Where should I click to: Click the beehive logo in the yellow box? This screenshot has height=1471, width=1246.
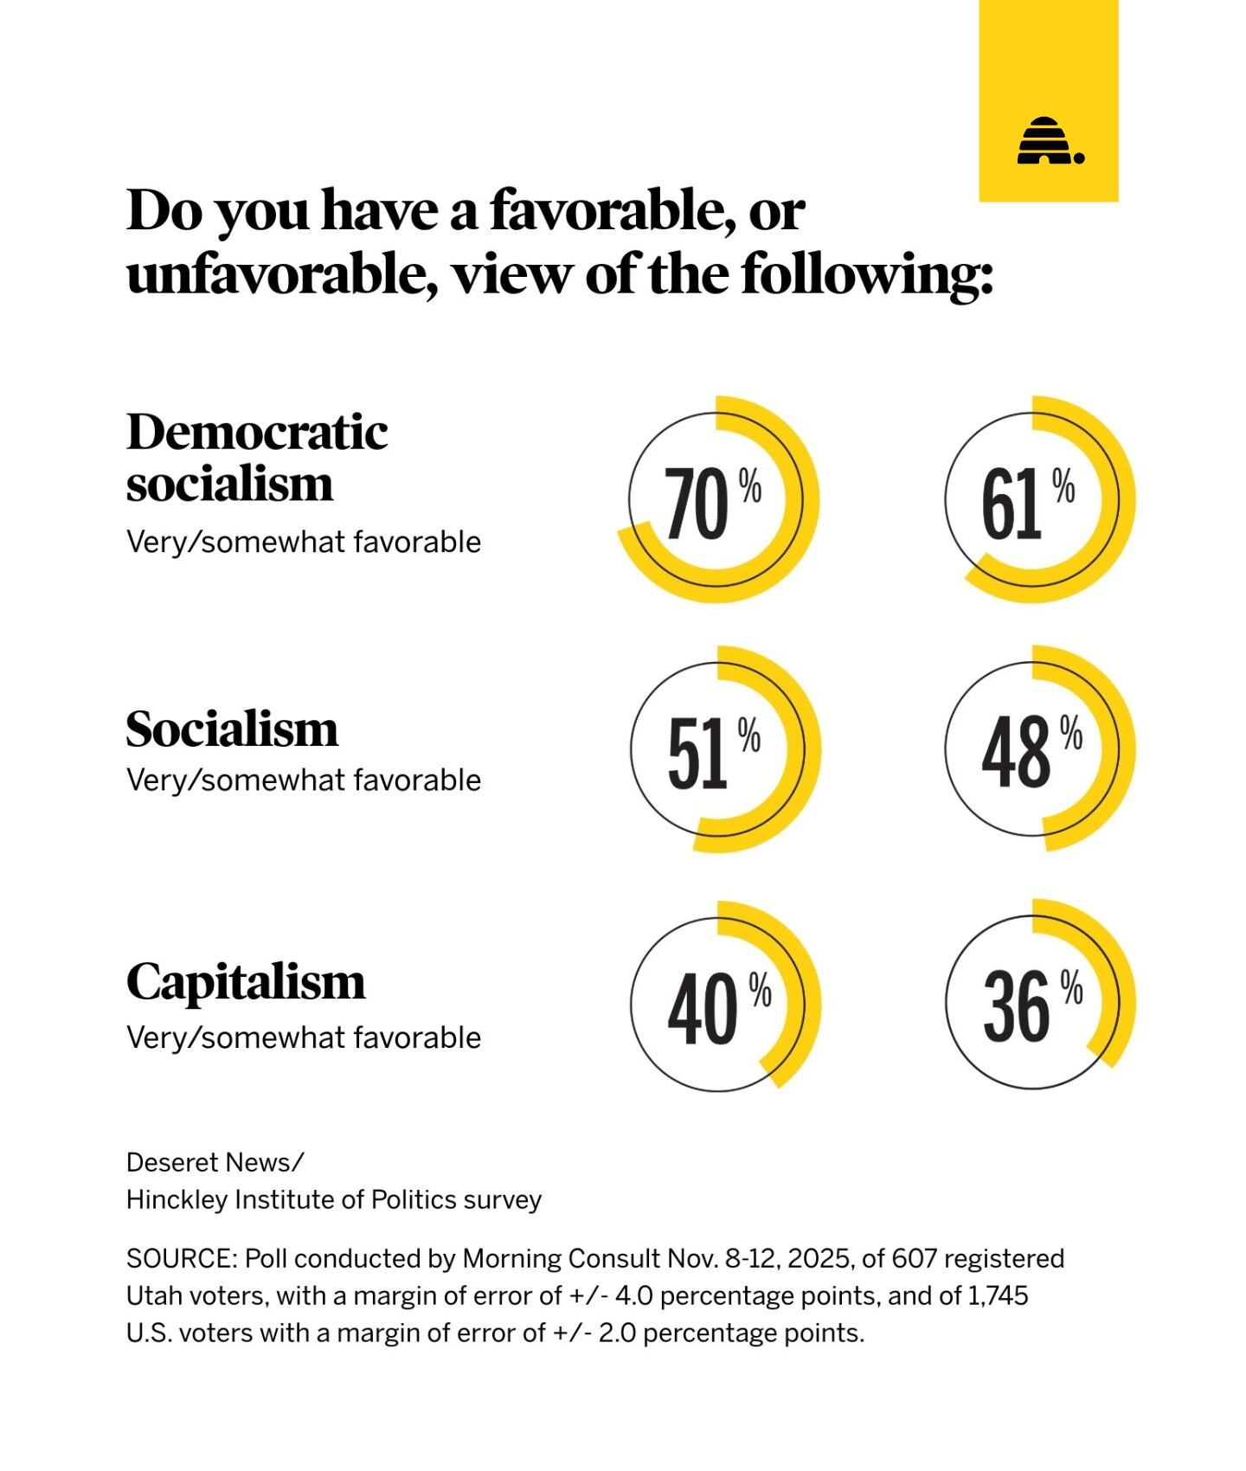click(1050, 141)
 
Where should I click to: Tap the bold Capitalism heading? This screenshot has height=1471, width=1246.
click(246, 981)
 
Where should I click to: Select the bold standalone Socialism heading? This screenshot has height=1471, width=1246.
click(232, 729)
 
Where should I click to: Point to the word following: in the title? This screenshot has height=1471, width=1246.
click(866, 275)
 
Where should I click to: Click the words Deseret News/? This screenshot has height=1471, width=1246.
click(215, 1162)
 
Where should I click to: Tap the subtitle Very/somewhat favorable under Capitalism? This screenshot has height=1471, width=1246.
click(303, 1037)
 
